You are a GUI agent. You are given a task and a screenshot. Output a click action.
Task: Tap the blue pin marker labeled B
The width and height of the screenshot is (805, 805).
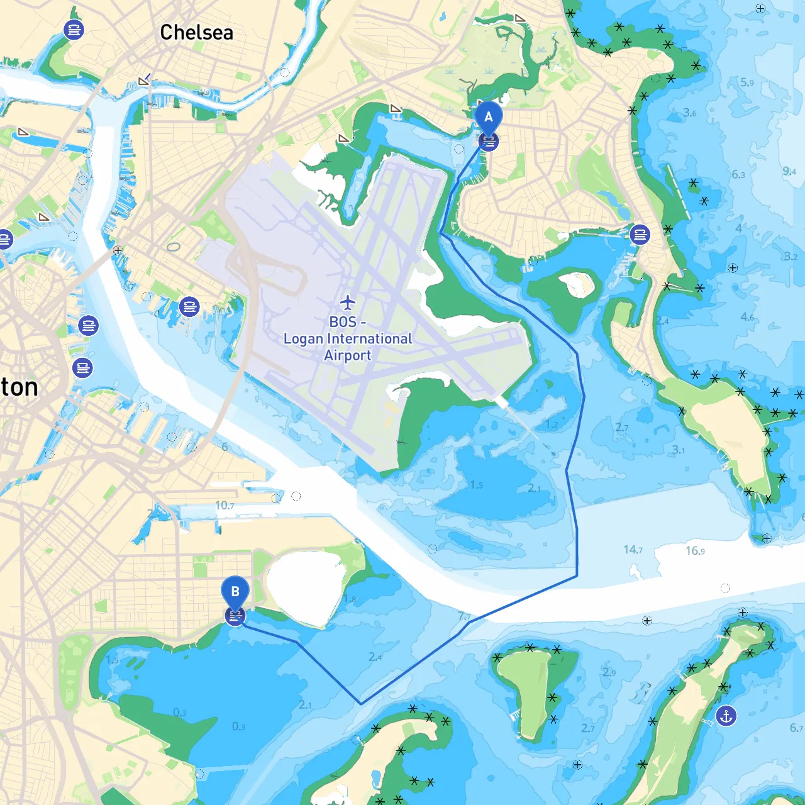tap(235, 592)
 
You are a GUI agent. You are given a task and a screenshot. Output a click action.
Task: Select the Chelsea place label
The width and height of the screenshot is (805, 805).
tap(196, 32)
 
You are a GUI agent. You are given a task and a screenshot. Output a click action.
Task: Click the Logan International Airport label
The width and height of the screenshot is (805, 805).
tap(348, 339)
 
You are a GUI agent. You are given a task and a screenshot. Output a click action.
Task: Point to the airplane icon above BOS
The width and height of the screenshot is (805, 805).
tap(348, 303)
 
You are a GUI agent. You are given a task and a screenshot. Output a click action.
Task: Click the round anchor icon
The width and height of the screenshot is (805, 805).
tap(726, 716)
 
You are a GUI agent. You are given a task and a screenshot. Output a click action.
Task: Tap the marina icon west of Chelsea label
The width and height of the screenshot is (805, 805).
tap(74, 30)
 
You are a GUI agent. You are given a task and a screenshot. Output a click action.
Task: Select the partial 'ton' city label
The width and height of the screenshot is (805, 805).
tap(19, 387)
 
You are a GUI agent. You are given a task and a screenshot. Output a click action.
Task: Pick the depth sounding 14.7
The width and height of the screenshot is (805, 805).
tap(633, 550)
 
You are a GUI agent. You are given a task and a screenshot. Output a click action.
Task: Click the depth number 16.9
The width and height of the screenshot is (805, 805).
tap(695, 551)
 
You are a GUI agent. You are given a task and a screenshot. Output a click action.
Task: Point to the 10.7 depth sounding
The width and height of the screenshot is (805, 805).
tap(225, 506)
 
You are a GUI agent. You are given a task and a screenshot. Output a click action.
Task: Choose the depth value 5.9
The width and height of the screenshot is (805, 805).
tap(747, 82)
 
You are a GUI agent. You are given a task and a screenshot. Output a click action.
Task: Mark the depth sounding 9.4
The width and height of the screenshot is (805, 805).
tap(789, 171)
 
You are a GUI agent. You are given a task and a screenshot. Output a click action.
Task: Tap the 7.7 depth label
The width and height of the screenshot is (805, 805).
tap(464, 616)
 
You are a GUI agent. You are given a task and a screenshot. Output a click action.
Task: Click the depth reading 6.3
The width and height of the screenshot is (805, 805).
tap(738, 174)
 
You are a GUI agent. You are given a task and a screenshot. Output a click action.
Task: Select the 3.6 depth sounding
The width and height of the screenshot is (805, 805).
tap(690, 113)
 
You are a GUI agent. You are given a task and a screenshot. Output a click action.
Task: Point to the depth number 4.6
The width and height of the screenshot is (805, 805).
tap(747, 317)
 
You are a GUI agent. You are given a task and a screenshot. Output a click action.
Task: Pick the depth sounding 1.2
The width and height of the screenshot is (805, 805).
tap(552, 425)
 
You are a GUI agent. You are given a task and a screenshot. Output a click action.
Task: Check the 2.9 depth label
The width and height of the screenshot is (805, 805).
tap(609, 672)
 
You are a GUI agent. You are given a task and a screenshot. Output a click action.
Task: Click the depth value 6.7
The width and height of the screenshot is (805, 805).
tap(796, 728)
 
